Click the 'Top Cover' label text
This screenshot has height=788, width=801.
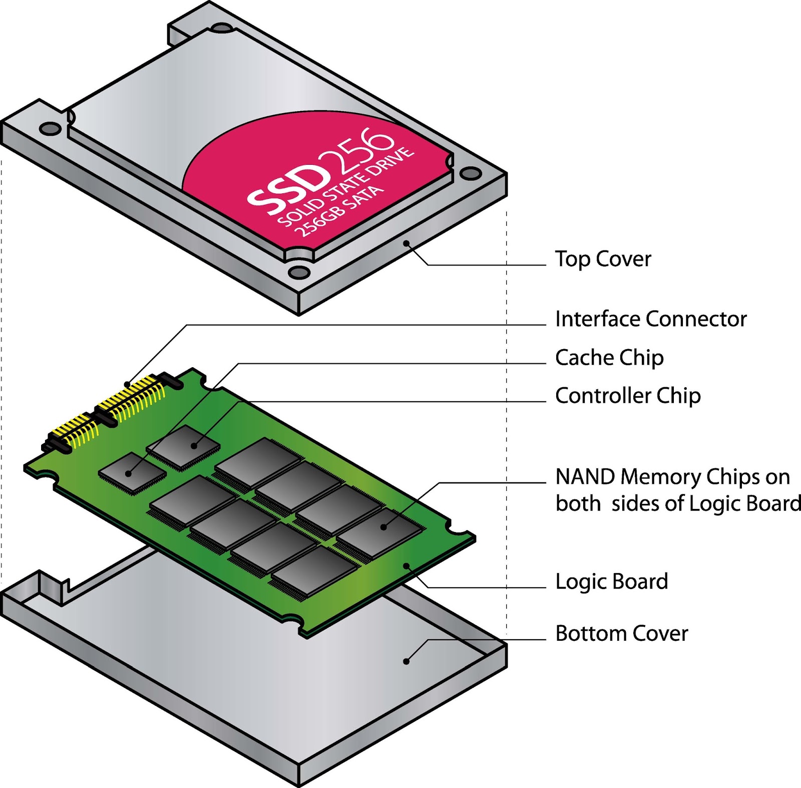tap(603, 259)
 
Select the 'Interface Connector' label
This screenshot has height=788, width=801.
tap(651, 319)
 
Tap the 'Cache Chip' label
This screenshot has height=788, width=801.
tap(609, 358)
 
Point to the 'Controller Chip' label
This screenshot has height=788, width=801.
tap(628, 396)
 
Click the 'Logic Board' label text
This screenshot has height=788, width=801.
tap(612, 582)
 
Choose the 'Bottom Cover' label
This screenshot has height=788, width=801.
tap(622, 634)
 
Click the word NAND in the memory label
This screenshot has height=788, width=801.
tap(585, 477)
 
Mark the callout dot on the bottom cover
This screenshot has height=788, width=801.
tap(407, 661)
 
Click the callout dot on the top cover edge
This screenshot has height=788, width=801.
tap(407, 243)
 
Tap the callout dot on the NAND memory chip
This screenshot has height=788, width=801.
tap(384, 527)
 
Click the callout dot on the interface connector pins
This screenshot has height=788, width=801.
tap(127, 385)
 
